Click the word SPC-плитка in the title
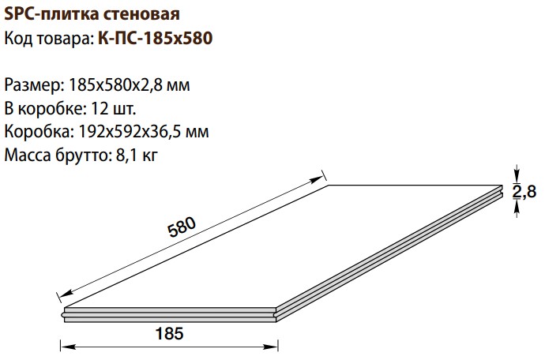52,14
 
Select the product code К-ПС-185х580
156,38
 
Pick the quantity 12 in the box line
98,109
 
